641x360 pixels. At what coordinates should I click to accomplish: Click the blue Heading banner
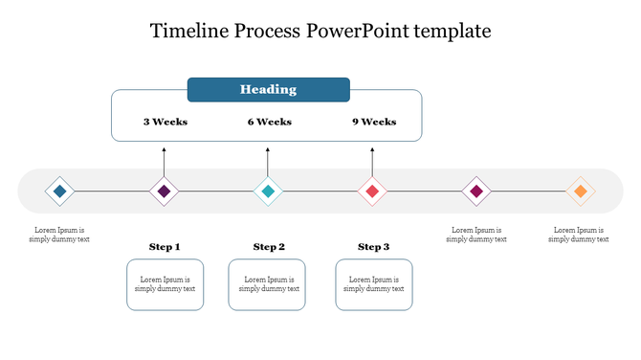point(268,89)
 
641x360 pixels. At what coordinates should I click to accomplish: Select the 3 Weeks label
point(166,122)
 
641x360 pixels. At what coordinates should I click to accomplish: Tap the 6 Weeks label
point(269,122)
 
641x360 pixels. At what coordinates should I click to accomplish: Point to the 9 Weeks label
point(373,122)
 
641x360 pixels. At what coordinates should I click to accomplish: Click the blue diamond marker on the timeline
point(60,191)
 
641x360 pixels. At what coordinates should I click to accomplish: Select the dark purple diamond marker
point(165,191)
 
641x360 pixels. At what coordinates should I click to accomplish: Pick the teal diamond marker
point(268,191)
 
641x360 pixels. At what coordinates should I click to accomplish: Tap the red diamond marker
point(372,191)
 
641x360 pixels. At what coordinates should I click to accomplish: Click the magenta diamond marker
point(475,191)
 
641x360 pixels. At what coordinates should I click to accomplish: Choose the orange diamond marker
point(579,191)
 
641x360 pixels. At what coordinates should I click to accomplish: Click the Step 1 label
point(165,247)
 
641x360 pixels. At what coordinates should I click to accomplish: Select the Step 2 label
point(269,247)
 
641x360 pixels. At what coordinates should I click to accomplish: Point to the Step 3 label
point(373,247)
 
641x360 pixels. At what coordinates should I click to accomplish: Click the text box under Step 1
point(165,284)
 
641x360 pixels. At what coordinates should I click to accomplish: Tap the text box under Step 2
point(267,284)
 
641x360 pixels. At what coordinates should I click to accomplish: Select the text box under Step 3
point(374,284)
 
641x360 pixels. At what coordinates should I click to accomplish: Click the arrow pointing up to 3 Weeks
point(165,161)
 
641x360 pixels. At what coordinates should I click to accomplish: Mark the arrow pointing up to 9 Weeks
point(372,161)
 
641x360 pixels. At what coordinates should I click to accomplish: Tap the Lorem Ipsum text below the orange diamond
point(578,235)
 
